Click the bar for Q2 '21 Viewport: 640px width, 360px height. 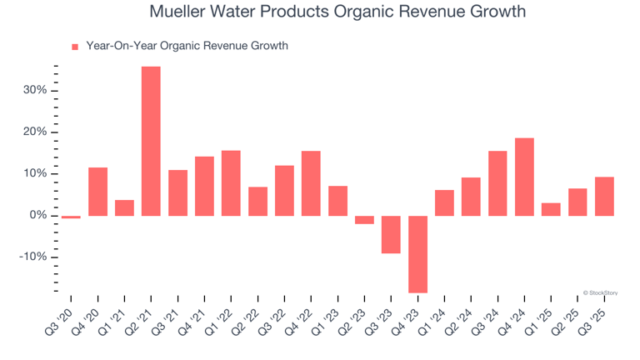[x=151, y=141]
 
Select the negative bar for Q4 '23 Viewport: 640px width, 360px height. [x=417, y=254]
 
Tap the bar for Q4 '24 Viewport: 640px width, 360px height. [x=524, y=177]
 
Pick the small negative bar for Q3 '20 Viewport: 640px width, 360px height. [x=71, y=217]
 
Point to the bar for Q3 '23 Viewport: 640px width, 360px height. [x=391, y=234]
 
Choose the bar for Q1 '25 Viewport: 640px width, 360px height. [x=551, y=209]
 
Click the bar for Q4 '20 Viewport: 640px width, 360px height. [x=97, y=192]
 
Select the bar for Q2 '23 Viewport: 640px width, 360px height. [x=364, y=220]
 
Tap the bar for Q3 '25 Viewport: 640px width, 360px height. [x=604, y=196]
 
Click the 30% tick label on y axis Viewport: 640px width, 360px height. [x=34, y=90]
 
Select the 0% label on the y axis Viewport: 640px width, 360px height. [x=37, y=216]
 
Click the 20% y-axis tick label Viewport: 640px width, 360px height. [x=34, y=132]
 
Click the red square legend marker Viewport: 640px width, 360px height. [x=75, y=47]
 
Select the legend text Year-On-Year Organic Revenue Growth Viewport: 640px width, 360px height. [x=187, y=46]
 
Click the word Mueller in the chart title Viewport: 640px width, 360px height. [x=181, y=12]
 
